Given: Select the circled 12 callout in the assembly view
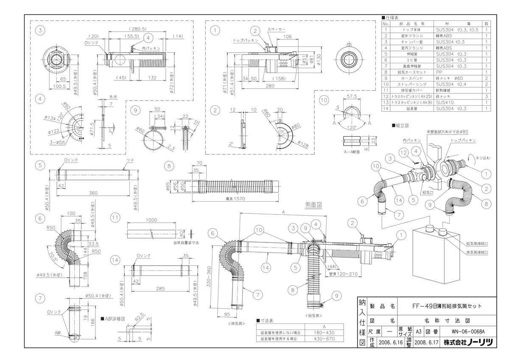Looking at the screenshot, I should point(404,152).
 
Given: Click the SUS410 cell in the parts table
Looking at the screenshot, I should point(445,102).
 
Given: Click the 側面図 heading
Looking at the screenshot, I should point(314,205).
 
